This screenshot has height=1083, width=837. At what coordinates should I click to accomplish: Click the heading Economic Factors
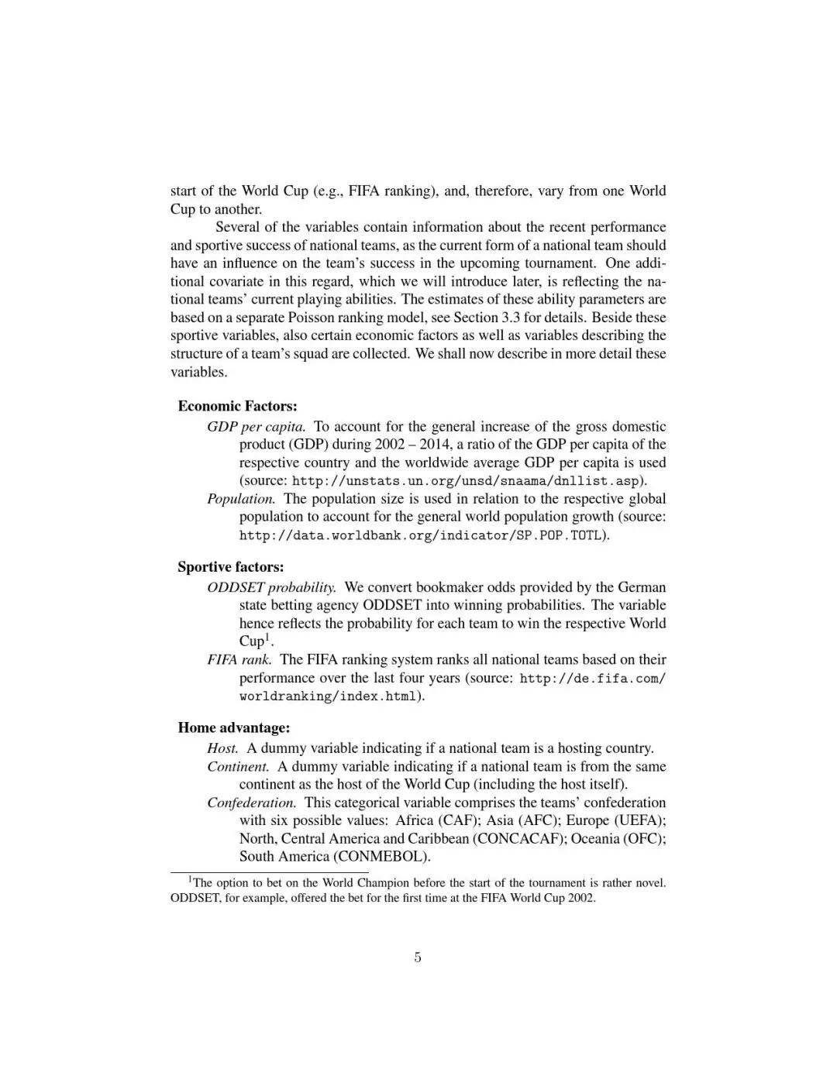tap(237, 406)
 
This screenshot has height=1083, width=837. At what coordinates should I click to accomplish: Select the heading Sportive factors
tap(231, 567)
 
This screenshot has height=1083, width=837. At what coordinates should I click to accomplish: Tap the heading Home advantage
tap(234, 727)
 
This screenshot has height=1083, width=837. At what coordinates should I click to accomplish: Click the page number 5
tap(418, 958)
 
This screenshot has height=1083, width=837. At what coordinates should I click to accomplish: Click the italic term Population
tap(241, 499)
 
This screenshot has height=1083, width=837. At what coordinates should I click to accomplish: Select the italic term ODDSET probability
tap(271, 587)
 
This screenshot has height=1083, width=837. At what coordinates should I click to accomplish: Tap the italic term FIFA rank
tap(239, 660)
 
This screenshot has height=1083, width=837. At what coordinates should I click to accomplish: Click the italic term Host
tap(222, 748)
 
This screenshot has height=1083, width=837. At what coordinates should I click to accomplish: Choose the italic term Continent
tap(238, 767)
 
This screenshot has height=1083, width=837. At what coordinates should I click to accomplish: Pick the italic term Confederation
tap(252, 803)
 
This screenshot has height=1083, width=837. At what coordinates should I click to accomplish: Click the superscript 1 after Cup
tap(267, 638)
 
